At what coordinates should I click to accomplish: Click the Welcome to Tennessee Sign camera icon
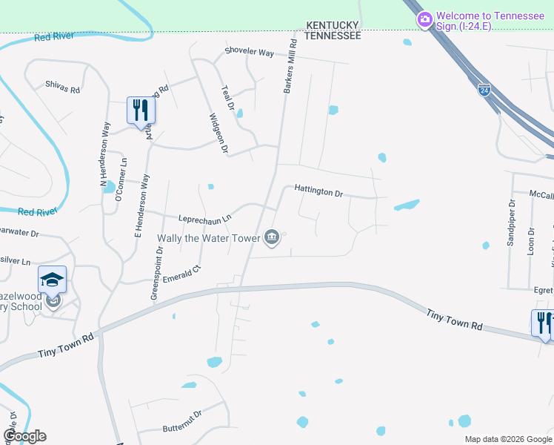click(x=425, y=19)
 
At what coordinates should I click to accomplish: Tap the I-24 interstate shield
click(x=484, y=88)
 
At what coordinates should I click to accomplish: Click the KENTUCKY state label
click(x=333, y=24)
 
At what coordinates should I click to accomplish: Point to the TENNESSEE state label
click(x=333, y=35)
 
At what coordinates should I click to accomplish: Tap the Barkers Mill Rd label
click(x=290, y=67)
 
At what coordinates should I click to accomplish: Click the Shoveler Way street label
click(x=250, y=52)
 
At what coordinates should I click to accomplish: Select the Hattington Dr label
click(x=318, y=191)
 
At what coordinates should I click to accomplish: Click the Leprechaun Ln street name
click(x=205, y=218)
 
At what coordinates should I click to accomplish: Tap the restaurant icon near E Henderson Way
click(x=139, y=111)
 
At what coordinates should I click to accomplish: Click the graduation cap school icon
click(x=52, y=280)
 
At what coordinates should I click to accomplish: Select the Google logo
click(x=24, y=436)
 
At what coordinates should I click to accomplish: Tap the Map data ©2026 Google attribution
click(x=508, y=439)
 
